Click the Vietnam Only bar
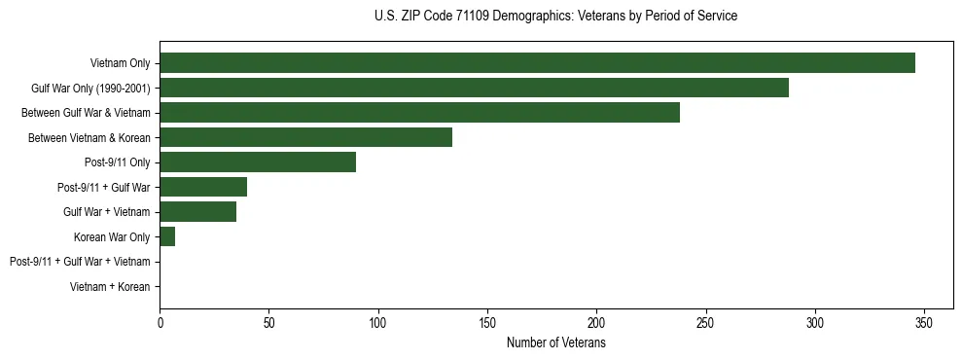tap(537, 63)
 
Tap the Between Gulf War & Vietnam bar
tap(419, 113)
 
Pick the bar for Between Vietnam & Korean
tap(305, 138)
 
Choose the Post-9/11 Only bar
tap(258, 162)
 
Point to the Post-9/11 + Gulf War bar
tap(203, 187)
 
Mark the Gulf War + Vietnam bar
tap(197, 212)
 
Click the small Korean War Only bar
tap(167, 236)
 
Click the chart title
tap(555, 16)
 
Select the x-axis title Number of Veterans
tap(555, 343)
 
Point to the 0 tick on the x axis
tap(160, 323)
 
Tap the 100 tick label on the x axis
tap(378, 323)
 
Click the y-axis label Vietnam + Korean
tap(110, 287)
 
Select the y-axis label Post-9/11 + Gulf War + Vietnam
tap(80, 262)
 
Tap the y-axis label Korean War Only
tap(112, 237)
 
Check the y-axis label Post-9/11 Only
tap(118, 162)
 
